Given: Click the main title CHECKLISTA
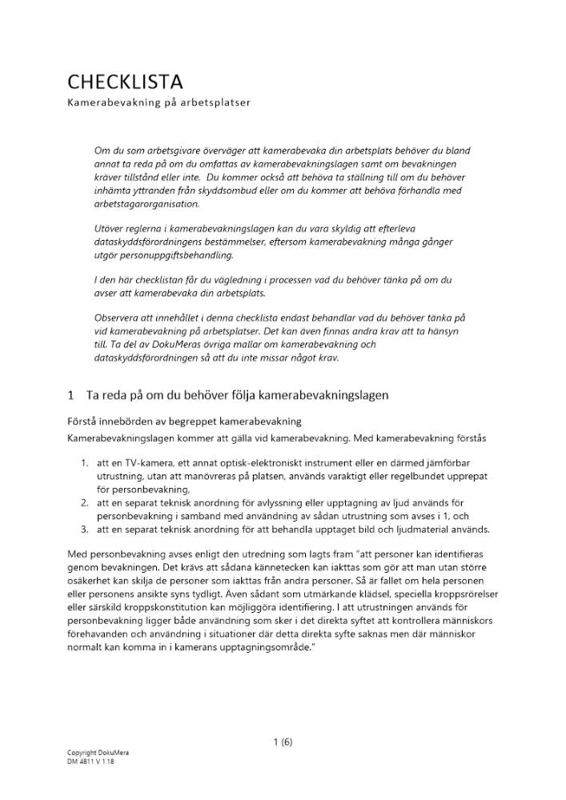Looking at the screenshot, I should (125, 82).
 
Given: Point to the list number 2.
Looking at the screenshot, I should (84, 502).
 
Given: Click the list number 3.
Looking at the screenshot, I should (84, 530).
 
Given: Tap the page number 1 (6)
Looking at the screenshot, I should (283, 742).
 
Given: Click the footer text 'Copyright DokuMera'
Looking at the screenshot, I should (98, 753).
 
